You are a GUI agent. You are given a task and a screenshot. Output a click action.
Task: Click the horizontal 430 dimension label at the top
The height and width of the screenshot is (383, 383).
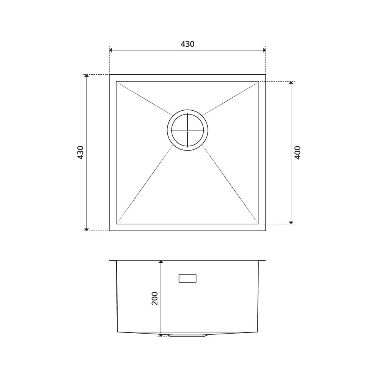point(187,44)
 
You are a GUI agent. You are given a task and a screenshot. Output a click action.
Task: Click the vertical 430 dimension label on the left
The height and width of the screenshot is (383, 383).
point(80,153)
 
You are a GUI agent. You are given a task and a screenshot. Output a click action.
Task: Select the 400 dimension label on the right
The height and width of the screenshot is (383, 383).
point(298,153)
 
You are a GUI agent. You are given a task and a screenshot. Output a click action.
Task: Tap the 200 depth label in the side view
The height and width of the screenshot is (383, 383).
point(155,298)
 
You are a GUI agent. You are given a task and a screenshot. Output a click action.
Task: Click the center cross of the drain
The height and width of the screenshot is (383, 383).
point(188,130)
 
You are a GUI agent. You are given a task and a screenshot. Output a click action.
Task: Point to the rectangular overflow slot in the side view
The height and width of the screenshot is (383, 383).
point(188,278)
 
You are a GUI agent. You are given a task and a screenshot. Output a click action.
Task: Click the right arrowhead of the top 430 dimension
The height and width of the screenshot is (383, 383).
point(264,50)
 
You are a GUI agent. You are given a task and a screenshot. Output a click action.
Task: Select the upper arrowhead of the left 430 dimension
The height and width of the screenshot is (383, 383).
point(86,76)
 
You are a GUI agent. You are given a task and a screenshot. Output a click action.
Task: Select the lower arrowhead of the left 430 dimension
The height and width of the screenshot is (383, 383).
point(86,229)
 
